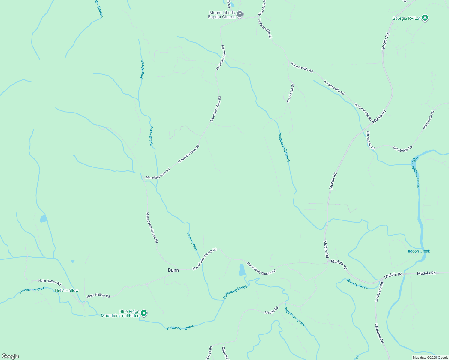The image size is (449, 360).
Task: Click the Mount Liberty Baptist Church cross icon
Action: click(x=240, y=14)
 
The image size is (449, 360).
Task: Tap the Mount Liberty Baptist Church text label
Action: click(x=222, y=15)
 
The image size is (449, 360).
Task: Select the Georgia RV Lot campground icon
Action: click(x=425, y=18)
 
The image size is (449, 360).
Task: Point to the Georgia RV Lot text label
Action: click(x=406, y=19)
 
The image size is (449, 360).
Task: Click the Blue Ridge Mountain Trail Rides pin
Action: click(x=144, y=313)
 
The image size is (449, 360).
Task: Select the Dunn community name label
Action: click(x=173, y=270)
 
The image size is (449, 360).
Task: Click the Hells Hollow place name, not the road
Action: click(x=67, y=290)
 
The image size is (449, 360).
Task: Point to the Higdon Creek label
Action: click(x=418, y=251)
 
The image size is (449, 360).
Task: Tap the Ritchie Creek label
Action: click(x=357, y=284)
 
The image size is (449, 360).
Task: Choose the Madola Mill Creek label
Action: click(x=284, y=147)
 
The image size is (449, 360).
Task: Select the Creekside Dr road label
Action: click(x=290, y=93)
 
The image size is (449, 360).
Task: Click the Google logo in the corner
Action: click(x=10, y=356)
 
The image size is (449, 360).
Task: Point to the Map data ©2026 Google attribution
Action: click(x=430, y=358)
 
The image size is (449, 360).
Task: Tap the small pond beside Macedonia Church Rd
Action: click(x=242, y=270)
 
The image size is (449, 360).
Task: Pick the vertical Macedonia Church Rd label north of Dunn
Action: click(x=152, y=228)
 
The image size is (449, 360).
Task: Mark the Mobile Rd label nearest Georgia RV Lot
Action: click(x=385, y=41)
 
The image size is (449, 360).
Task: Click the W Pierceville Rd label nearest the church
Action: click(x=265, y=29)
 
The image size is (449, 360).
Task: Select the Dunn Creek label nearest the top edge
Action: click(x=142, y=70)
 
